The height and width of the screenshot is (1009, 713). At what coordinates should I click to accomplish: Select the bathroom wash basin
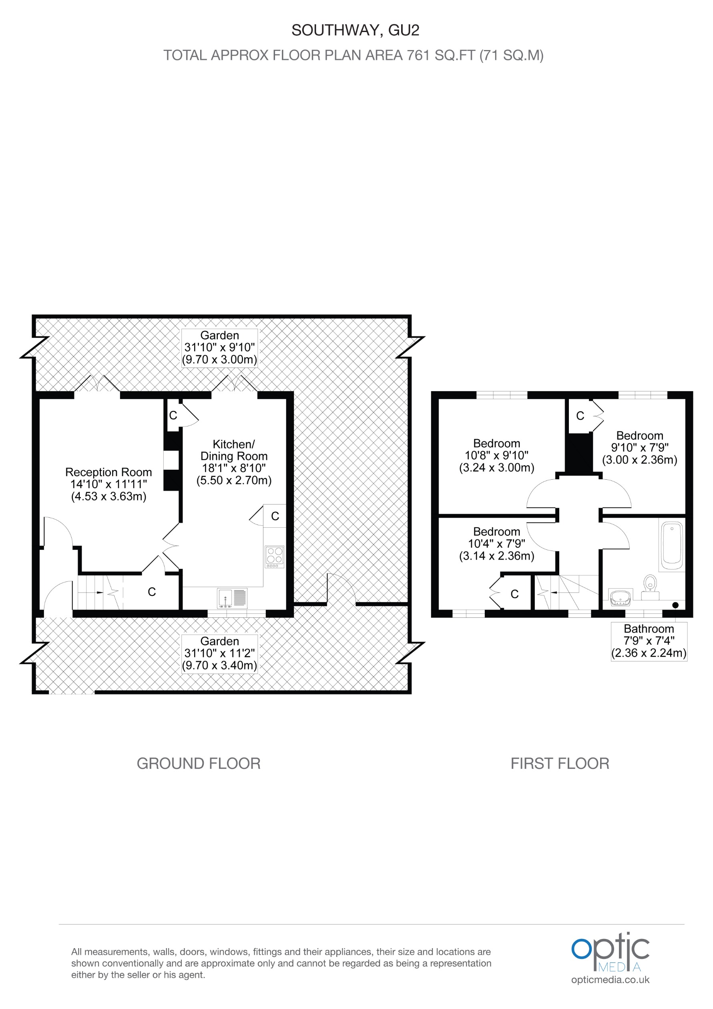[620, 597]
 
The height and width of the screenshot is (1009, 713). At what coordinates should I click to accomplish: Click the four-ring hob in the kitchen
[275, 556]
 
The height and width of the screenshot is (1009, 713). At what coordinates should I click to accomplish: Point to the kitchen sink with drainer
[232, 598]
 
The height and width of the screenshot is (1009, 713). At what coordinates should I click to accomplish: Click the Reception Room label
[108, 484]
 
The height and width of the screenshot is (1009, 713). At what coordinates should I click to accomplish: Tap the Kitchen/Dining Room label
[234, 462]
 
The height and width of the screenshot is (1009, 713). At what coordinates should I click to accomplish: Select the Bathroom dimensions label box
[649, 641]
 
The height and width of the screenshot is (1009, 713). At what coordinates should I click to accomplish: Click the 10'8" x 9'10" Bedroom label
[496, 455]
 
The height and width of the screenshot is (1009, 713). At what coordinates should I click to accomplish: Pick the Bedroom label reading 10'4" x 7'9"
[496, 544]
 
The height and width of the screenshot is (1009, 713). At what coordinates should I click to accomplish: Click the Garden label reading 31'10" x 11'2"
[219, 653]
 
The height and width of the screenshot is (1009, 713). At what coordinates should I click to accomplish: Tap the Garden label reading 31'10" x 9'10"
[219, 347]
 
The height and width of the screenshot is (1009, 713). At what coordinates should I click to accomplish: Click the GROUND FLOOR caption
[199, 763]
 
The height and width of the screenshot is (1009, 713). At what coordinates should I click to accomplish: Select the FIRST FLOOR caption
[560, 763]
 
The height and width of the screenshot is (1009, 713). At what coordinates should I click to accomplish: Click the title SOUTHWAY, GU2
[355, 30]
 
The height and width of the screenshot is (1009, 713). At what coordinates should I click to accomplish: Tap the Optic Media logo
[610, 952]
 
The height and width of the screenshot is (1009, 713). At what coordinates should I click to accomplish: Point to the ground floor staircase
[99, 593]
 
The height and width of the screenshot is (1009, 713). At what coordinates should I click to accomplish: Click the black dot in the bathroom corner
[675, 605]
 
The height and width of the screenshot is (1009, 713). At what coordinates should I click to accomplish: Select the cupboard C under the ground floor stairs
[152, 592]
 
